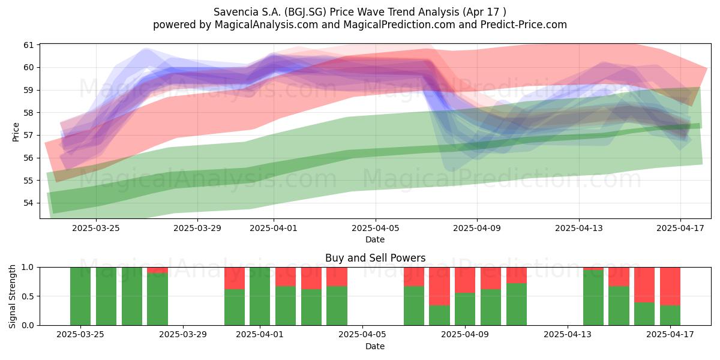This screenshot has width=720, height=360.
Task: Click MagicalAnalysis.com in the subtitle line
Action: tap(266, 25)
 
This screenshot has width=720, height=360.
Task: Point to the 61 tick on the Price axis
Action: tap(29, 45)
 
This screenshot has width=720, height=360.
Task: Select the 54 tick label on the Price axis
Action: tap(29, 203)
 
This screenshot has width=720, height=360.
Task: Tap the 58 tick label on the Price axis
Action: tap(29, 113)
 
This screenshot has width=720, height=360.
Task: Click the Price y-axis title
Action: tap(16, 132)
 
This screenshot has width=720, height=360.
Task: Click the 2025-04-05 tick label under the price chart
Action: tap(376, 228)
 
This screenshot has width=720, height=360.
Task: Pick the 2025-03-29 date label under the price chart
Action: tap(197, 228)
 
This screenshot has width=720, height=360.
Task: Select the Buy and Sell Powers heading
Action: tap(375, 258)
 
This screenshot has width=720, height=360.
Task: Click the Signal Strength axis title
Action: tap(12, 296)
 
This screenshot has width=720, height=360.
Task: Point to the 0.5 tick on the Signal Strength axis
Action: tap(28, 296)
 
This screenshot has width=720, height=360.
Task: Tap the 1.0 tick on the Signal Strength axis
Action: tap(28, 268)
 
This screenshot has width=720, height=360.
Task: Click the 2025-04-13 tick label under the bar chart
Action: tap(568, 335)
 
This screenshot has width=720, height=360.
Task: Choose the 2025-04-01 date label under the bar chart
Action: tap(260, 335)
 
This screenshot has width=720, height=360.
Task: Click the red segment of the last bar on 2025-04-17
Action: tap(670, 286)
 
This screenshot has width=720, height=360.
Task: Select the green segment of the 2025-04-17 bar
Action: tap(670, 316)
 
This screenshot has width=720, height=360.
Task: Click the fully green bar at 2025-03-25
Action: tap(80, 296)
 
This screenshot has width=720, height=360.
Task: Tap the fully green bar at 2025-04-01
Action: tap(260, 296)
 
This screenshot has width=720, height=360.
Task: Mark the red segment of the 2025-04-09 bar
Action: tap(465, 280)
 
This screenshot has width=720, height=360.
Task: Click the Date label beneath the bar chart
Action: tap(375, 347)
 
